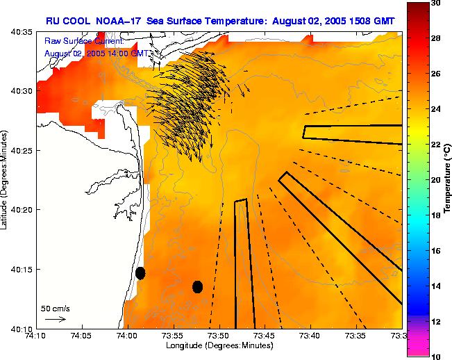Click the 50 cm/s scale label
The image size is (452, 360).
(56, 308)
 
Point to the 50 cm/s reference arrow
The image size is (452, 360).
(56, 319)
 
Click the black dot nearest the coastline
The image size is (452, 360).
(140, 272)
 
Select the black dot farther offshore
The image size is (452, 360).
(197, 286)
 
